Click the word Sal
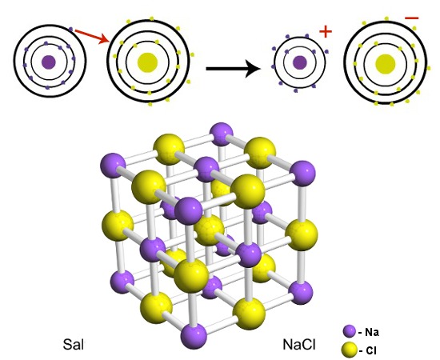pos(74,344)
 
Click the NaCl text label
pos(299,344)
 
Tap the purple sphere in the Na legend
pos(350,332)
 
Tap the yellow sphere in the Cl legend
pos(350,350)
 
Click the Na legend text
pos(369,333)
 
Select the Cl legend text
pos(368,350)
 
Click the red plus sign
pos(326,31)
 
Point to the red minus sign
pos(412,18)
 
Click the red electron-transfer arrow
pos(92,37)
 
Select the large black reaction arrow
pos(234,69)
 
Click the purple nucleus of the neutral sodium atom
pos(49,62)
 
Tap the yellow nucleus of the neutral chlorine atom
pos(147,62)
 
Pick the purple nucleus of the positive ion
pos(300,62)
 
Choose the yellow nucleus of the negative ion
pos(386,64)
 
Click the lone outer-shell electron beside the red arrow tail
pos(70,29)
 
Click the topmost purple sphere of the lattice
pos(222,134)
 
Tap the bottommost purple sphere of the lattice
pos(194,335)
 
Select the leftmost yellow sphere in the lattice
pos(118,226)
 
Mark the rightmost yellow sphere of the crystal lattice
pos(302,235)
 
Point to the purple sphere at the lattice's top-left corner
pos(113,166)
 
